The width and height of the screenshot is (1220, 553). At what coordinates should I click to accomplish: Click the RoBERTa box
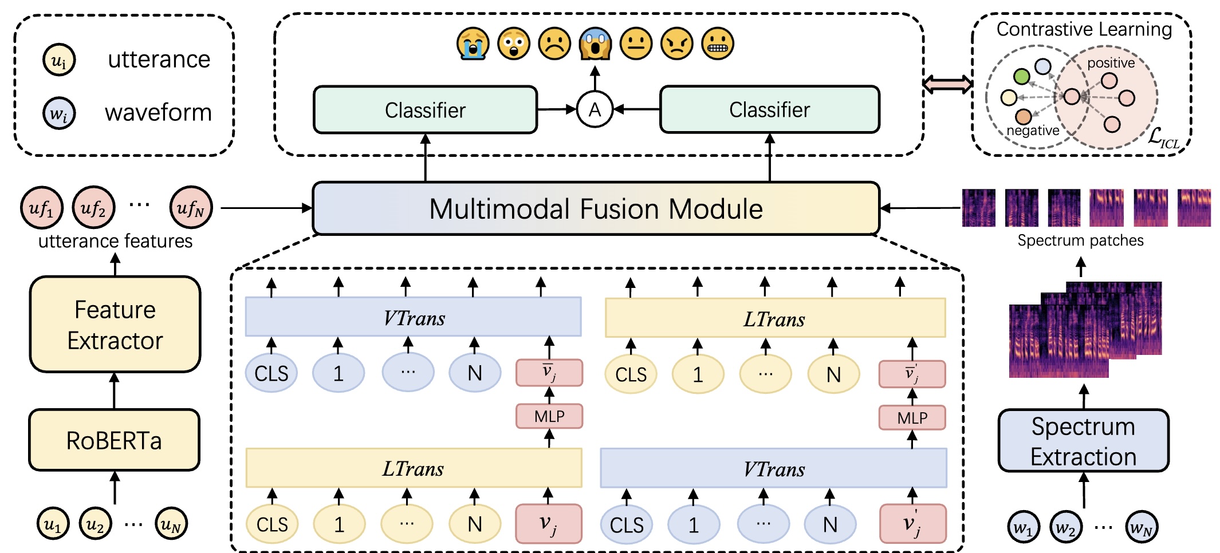tap(114, 440)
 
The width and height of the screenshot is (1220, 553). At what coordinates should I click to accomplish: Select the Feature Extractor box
tap(115, 325)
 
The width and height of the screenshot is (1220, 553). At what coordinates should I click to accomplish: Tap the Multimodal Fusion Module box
tap(596, 208)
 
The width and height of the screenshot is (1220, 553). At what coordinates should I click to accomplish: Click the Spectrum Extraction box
tap(1083, 441)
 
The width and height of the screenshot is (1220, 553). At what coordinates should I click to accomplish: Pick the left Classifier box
tap(425, 110)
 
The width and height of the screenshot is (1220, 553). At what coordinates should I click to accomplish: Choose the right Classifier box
tap(769, 109)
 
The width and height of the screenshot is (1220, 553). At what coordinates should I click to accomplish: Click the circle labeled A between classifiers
tap(595, 109)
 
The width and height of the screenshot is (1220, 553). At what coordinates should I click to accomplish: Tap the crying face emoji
tap(473, 44)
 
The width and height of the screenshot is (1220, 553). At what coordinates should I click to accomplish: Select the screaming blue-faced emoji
tap(595, 44)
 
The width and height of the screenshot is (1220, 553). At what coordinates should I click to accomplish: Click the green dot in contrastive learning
tap(1021, 76)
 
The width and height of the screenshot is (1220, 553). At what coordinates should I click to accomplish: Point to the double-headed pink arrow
tap(947, 84)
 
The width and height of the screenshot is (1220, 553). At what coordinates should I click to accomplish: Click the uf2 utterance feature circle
tap(93, 208)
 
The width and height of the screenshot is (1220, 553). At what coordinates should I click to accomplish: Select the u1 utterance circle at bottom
tap(53, 524)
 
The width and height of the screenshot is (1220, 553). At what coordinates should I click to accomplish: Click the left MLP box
tap(549, 416)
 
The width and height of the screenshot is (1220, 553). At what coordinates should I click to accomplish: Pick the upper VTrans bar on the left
tap(413, 317)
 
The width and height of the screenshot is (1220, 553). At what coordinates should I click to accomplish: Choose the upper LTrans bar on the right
tap(774, 318)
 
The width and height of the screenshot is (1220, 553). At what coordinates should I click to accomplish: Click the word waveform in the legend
tap(158, 113)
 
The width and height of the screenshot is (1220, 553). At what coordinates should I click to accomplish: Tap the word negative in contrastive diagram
tap(1032, 131)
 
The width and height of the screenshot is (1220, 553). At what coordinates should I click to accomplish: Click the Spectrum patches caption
tap(1080, 240)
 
